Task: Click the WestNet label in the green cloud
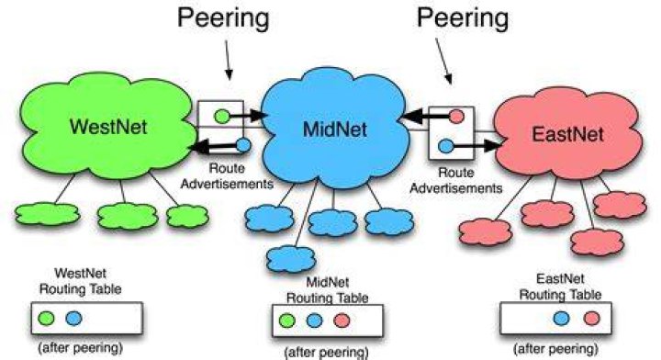point(108,127)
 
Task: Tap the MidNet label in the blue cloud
point(335,129)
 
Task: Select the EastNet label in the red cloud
point(568,134)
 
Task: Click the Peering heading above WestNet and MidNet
point(223,18)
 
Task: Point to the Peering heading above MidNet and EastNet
point(463,18)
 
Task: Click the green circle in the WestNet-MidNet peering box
point(222,116)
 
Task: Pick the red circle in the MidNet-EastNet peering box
point(456,116)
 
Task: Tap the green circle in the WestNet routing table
point(46,318)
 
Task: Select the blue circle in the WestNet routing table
point(73,318)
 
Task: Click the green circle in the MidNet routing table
point(287,321)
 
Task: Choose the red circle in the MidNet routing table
point(342,321)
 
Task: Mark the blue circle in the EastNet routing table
point(561,319)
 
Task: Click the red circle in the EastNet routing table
point(592,319)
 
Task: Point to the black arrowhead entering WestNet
point(199,147)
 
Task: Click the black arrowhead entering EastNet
point(492,146)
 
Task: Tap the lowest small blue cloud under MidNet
point(291,259)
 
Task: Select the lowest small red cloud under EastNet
point(597,242)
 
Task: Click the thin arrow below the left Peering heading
point(228,60)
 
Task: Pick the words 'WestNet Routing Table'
point(80,281)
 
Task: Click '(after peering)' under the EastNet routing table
point(555,349)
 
